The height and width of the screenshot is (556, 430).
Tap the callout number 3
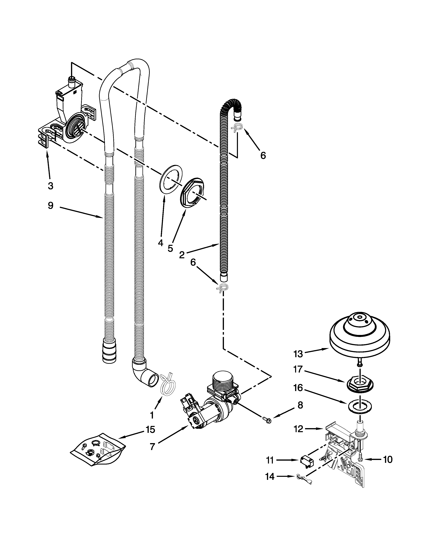(50, 186)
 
